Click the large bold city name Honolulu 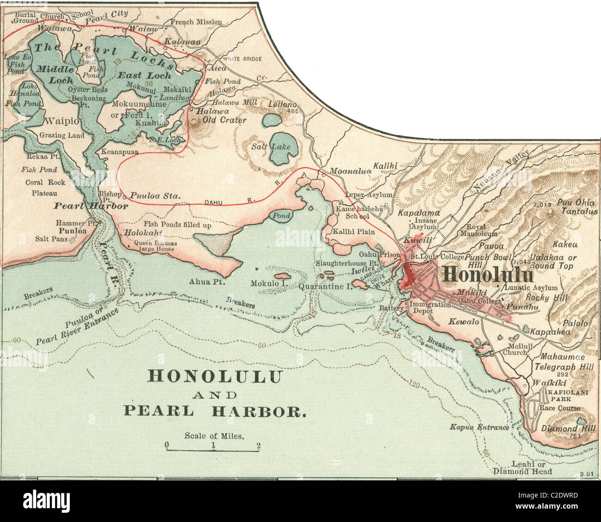(488, 275)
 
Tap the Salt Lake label (271, 147)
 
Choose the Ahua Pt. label (206, 281)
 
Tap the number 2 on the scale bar (258, 446)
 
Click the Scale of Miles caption (214, 436)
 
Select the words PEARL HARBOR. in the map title (214, 411)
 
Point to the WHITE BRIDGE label (242, 59)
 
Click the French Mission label (196, 22)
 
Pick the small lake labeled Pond (282, 215)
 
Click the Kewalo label (464, 321)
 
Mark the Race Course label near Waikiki (559, 408)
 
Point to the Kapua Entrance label (479, 427)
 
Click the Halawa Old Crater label (221, 116)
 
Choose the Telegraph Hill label (562, 367)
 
